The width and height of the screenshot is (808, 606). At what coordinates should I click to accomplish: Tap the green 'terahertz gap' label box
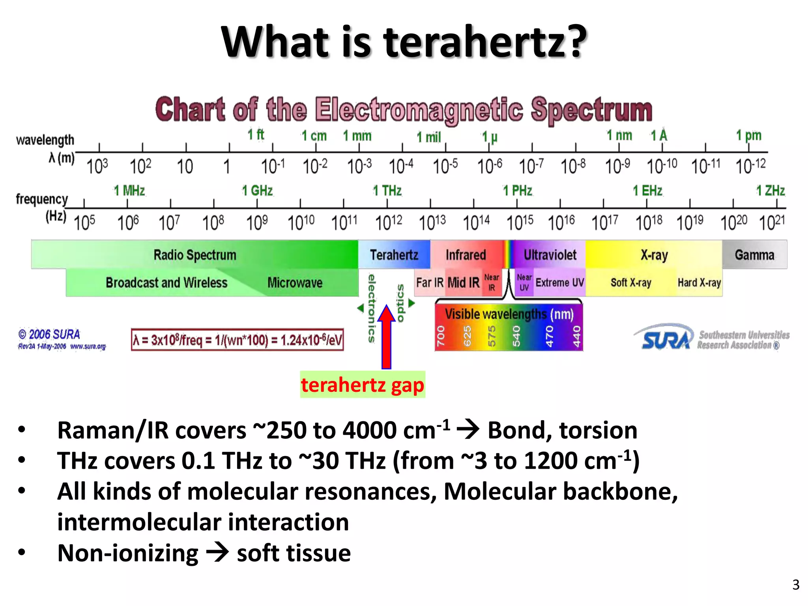pos(362,385)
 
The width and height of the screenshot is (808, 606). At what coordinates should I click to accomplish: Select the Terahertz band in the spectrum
pos(394,255)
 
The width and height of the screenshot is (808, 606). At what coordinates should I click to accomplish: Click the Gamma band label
pos(754,255)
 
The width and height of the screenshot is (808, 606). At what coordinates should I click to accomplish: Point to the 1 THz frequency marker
pos(387,191)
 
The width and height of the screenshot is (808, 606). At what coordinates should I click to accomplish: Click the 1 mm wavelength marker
pos(357,136)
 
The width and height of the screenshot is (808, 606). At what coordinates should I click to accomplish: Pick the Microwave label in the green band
pos(295,283)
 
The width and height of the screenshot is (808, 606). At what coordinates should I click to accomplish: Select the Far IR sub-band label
pos(430,283)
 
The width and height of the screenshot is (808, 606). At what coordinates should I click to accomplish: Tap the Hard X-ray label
pos(699,283)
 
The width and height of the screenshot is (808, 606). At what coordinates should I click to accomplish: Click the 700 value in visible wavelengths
pos(441,336)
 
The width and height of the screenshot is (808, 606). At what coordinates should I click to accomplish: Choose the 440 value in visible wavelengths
pos(576,336)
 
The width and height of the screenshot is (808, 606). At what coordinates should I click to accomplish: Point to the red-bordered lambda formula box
pos(238,340)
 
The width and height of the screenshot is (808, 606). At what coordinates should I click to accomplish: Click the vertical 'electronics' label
pos(371,308)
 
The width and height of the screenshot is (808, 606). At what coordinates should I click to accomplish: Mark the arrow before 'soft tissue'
pos(217,552)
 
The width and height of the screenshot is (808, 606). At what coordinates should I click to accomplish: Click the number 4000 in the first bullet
pos(370,430)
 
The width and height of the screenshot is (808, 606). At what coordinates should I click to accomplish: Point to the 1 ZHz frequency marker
pos(770,191)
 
